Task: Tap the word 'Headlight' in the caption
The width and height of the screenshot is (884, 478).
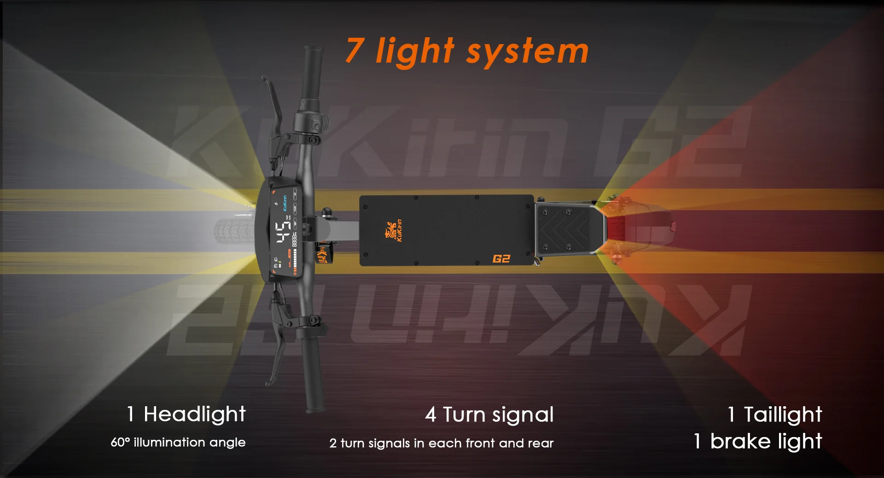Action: [x=194, y=414]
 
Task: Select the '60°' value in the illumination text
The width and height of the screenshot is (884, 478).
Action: [x=121, y=442]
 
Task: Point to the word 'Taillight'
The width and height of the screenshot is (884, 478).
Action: [x=783, y=415]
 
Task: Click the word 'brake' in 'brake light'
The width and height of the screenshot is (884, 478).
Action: [x=740, y=441]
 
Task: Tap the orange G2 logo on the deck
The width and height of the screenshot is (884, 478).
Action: [x=501, y=259]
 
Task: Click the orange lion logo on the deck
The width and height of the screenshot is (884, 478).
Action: [x=391, y=230]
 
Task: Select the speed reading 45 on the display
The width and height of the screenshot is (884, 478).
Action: [x=283, y=232]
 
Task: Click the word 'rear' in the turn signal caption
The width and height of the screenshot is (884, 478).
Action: [x=541, y=443]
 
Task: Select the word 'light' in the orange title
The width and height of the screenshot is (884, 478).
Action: [x=414, y=51]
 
